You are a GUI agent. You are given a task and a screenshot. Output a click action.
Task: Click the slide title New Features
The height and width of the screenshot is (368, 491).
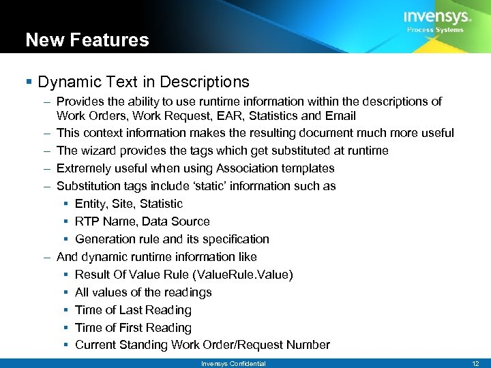coord(87,40)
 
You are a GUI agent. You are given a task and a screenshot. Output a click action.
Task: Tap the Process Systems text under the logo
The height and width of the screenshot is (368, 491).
coord(435,30)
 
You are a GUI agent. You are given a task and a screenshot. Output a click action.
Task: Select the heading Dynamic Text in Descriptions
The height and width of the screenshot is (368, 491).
coord(144,82)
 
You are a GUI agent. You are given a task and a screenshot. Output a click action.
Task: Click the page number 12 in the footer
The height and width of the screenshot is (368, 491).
coord(475,363)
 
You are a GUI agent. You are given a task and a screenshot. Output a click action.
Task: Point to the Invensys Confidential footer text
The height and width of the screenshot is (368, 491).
coord(233,363)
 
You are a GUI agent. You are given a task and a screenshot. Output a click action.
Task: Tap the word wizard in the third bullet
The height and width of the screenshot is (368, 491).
coord(97,151)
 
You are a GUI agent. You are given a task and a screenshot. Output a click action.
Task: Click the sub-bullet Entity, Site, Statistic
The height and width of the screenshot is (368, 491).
coord(129,204)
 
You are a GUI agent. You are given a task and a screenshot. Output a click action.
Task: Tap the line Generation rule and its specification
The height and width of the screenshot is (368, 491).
coord(172,239)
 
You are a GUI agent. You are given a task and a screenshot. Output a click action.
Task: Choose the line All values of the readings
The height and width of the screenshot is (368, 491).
coord(143,292)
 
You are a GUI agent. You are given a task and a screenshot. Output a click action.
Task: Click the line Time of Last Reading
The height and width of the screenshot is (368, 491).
coord(133,310)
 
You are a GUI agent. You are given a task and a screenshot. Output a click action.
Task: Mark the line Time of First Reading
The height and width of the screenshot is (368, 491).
coord(133,328)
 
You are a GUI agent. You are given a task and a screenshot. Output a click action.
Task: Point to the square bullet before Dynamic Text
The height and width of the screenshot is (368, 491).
coord(29,82)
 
